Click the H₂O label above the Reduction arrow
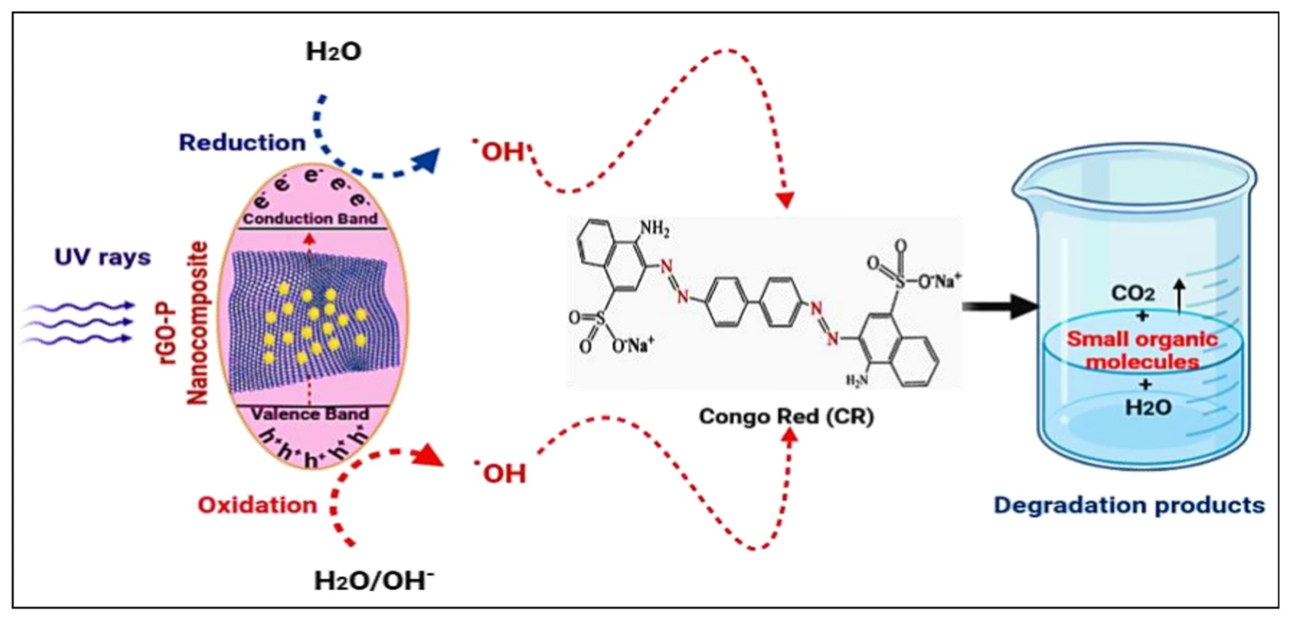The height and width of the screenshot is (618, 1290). click(x=334, y=52)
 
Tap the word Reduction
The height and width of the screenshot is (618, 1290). click(x=242, y=143)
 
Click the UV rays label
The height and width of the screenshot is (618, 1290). click(x=103, y=257)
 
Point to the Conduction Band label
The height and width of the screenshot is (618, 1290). click(x=310, y=219)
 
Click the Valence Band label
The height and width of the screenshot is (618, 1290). click(x=310, y=414)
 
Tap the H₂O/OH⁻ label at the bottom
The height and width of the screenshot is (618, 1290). click(x=373, y=581)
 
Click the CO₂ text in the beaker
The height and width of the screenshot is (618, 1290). click(x=1133, y=293)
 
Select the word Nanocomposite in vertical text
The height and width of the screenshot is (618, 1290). click(x=197, y=323)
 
